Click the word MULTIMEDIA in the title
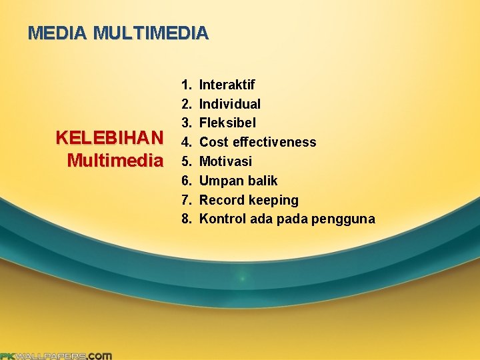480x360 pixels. (x=151, y=33)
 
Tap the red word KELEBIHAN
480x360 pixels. (x=109, y=138)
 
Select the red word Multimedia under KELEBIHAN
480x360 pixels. (x=115, y=160)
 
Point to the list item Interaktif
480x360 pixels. (x=227, y=85)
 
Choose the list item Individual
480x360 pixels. (x=230, y=104)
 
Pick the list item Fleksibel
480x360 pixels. (x=227, y=123)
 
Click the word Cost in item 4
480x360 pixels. (x=213, y=142)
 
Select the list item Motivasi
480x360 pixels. (x=225, y=161)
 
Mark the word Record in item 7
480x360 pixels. (x=222, y=200)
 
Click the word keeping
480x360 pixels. (x=273, y=201)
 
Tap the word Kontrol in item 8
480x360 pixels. (x=223, y=219)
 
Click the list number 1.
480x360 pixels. (x=185, y=85)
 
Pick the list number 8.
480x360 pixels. (x=185, y=219)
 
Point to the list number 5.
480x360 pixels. (x=185, y=161)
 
